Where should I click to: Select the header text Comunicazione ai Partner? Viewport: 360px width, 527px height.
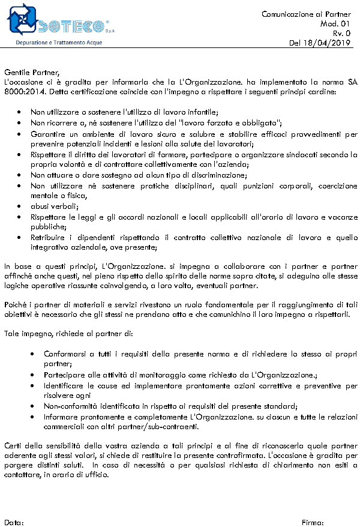tap(306, 14)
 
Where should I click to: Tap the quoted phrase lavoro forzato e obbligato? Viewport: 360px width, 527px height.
tap(220, 122)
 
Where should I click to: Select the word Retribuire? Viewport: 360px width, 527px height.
tap(49, 238)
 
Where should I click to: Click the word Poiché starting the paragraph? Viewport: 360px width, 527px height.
tap(16, 304)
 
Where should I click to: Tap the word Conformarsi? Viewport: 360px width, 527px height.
tap(65, 354)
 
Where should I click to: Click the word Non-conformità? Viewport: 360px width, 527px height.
tap(70, 406)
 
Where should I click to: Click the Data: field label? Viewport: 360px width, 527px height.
tap(14, 522)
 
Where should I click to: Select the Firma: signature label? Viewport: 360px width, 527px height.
tap(313, 522)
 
